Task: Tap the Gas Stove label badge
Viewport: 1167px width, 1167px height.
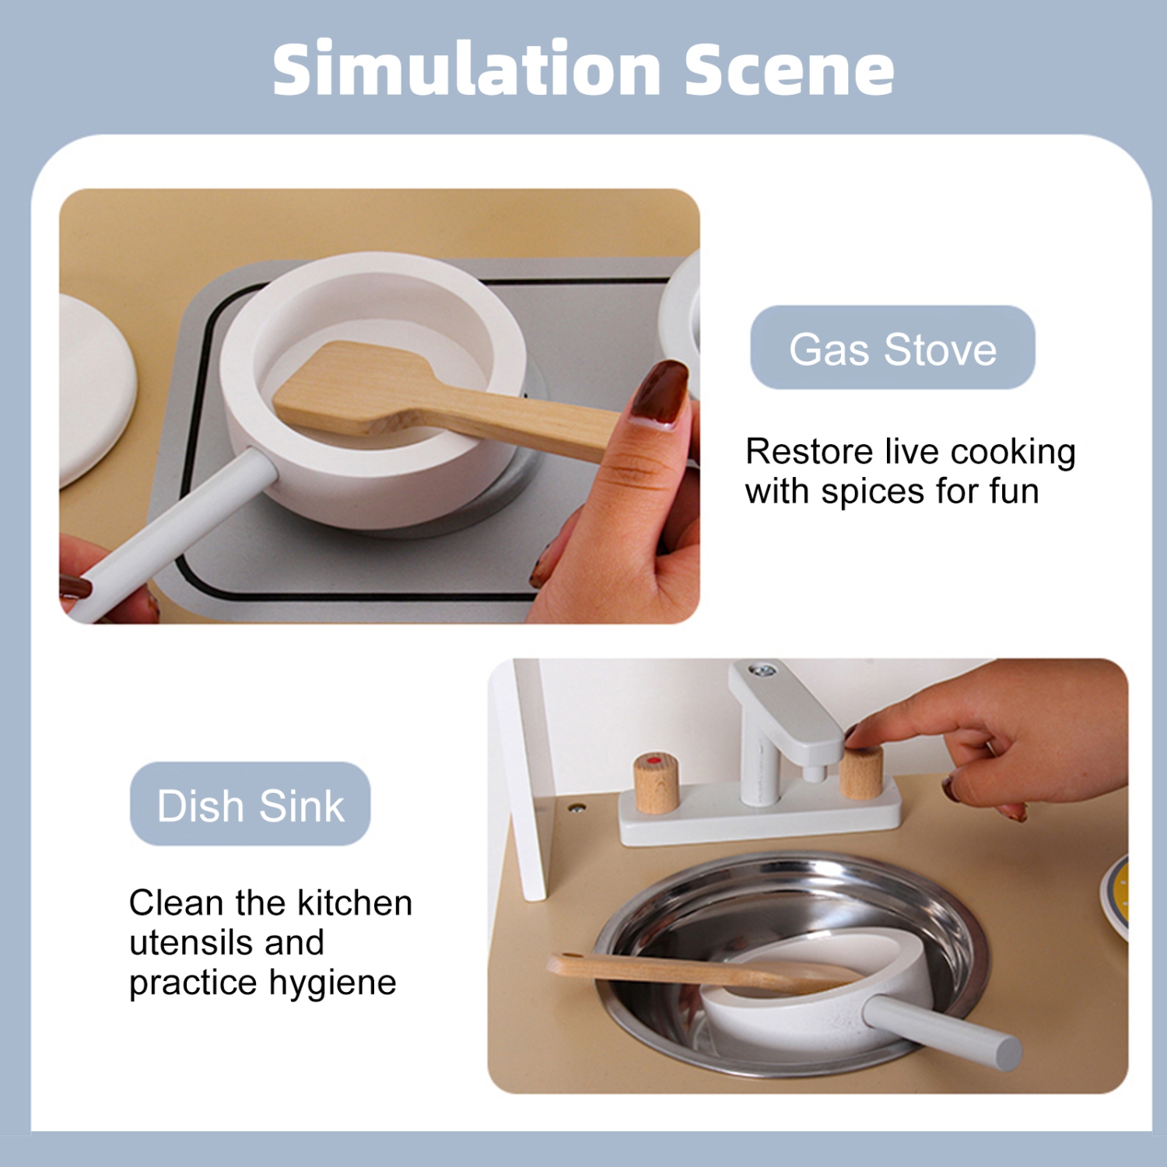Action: (892, 348)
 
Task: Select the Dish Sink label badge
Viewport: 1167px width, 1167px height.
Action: (250, 804)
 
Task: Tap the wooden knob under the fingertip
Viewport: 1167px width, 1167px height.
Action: (860, 772)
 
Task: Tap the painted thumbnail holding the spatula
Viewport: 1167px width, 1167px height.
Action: (660, 393)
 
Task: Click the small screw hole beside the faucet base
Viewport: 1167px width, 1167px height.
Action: (576, 808)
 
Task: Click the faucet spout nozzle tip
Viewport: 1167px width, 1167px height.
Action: (814, 773)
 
